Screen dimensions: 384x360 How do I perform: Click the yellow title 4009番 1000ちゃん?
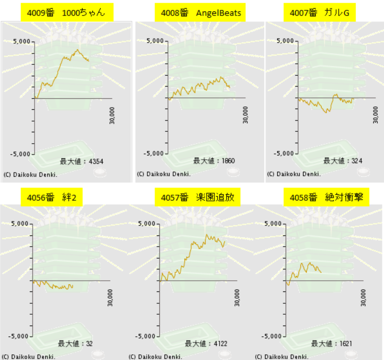click(67, 12)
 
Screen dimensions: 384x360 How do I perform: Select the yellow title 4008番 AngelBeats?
click(200, 12)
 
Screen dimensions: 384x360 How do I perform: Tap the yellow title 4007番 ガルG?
click(320, 12)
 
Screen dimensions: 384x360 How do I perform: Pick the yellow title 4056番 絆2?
click(52, 197)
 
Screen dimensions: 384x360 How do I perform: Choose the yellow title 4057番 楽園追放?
click(197, 197)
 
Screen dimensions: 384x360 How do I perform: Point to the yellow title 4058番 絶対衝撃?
click(326, 197)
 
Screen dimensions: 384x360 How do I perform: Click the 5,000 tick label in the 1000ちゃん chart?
click(22, 41)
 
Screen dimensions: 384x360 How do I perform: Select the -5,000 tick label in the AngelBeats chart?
click(153, 153)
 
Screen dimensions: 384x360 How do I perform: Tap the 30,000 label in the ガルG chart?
click(375, 115)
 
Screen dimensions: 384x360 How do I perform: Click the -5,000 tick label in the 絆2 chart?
click(18, 336)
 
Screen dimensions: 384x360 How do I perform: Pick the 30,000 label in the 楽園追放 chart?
click(237, 298)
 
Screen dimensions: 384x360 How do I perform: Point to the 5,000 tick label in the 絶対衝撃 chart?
click(273, 224)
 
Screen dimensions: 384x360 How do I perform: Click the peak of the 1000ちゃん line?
click(77, 49)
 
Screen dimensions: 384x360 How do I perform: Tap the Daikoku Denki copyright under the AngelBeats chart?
click(163, 174)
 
